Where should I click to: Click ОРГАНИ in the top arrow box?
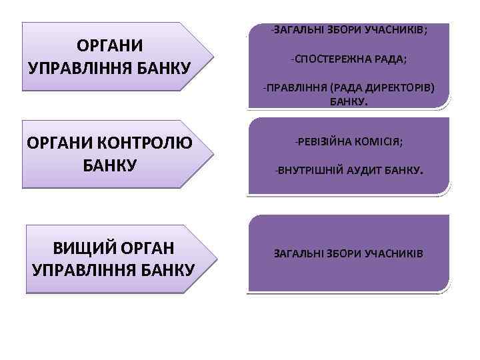click(x=109, y=46)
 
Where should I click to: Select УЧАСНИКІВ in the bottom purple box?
click(x=392, y=254)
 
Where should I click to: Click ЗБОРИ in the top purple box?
click(x=346, y=30)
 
